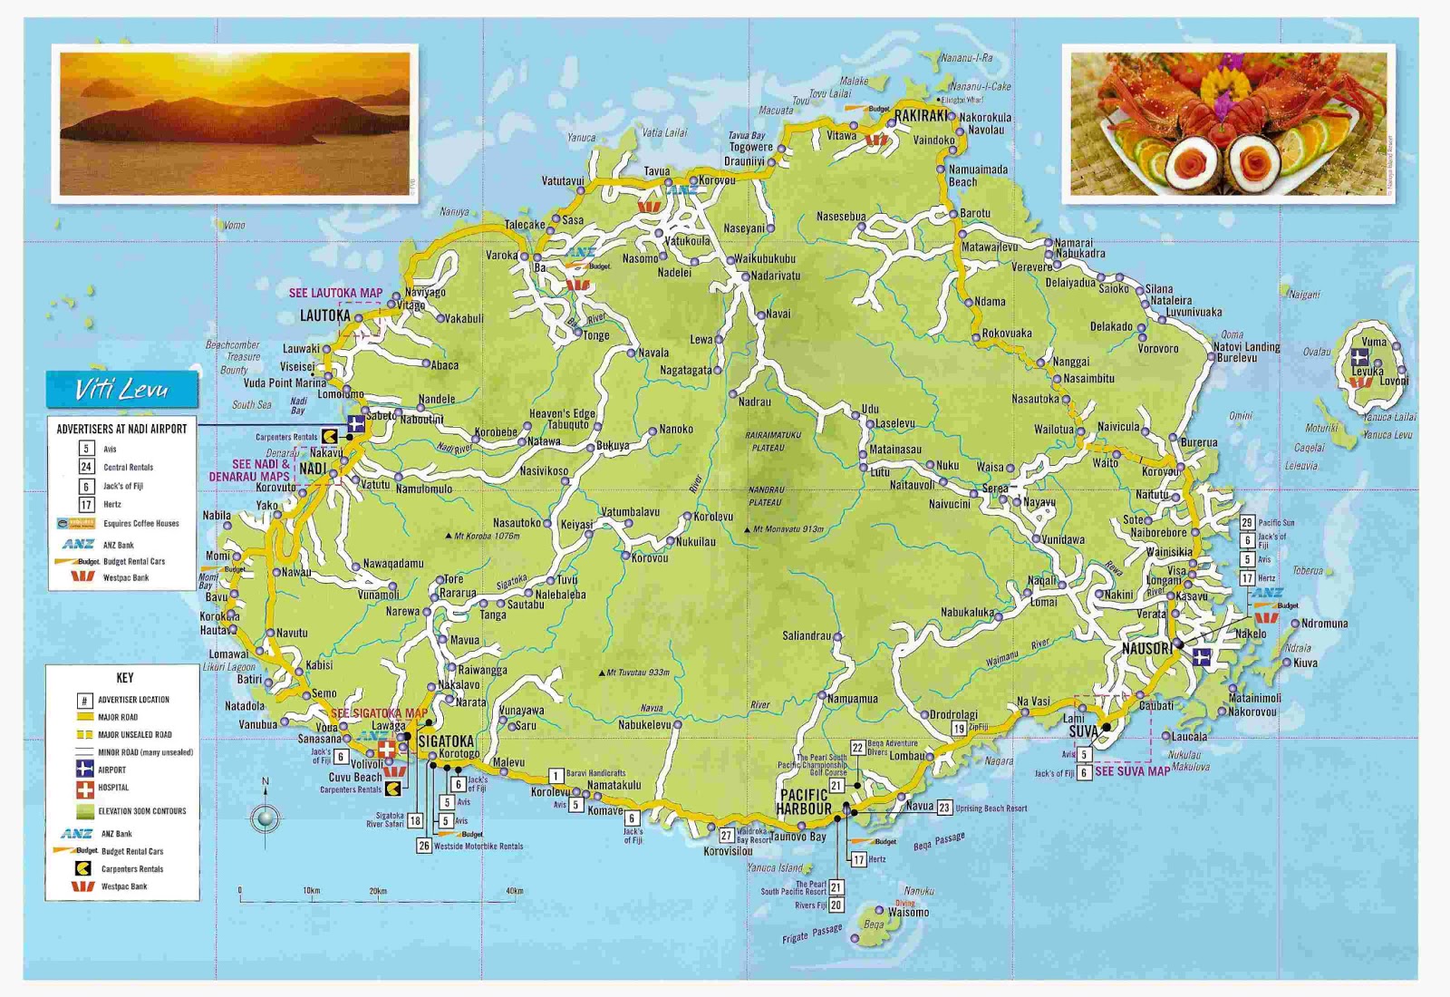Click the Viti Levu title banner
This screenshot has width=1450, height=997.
121,390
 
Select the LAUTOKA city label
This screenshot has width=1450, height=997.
324,315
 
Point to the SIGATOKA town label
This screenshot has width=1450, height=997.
446,740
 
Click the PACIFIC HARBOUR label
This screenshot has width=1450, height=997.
804,801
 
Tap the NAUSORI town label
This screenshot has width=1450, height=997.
1146,649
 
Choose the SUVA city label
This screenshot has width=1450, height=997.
1083,731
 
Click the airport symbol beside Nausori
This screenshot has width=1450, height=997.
1202,657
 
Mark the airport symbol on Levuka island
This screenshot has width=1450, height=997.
1359,356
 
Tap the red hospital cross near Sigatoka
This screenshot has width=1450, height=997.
387,750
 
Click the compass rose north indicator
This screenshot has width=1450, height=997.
266,818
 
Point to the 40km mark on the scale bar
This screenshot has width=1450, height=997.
514,892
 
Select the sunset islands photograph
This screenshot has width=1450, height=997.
235,123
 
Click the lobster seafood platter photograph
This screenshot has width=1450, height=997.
1228,123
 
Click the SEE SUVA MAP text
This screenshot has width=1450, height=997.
1132,771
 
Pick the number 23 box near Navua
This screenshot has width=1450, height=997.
944,807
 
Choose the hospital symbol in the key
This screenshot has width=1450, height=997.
84,789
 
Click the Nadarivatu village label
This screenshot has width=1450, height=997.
776,276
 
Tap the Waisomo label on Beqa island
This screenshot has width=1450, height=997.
908,913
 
